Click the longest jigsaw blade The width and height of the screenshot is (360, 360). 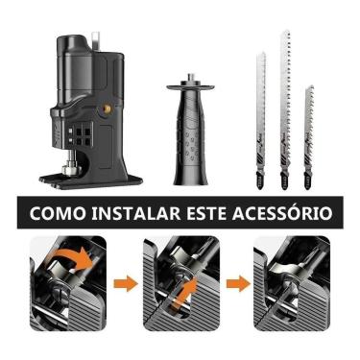coord(285,106)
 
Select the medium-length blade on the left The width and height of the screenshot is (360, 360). coord(260,115)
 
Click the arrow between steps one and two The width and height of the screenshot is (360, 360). coord(122,285)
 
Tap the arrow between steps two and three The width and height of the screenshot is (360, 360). coord(235,285)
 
